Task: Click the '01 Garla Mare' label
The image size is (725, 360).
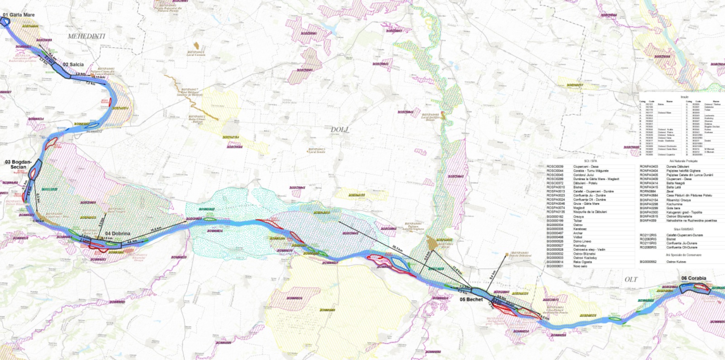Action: point(19,15)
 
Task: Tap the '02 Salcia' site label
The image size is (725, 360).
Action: point(73,65)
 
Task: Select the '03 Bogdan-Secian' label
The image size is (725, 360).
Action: point(19,164)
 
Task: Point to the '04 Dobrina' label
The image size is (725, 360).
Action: point(118,234)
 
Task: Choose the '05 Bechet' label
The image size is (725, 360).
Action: point(471,299)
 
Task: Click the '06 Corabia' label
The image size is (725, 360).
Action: point(693,278)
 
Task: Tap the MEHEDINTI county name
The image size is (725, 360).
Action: point(86,36)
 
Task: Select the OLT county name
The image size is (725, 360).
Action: point(631,279)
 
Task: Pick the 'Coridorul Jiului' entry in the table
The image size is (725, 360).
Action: point(583,175)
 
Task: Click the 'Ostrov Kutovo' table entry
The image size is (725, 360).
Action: point(676,262)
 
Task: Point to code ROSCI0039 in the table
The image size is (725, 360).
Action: point(555,167)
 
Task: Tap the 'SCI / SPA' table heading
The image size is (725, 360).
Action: point(590,161)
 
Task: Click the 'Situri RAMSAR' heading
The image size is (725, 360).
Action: point(683,229)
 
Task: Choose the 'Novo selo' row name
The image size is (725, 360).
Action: point(580,266)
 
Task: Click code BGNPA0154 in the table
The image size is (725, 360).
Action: point(648,200)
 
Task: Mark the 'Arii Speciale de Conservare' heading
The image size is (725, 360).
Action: point(683,255)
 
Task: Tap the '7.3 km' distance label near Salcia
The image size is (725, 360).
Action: point(91,83)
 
